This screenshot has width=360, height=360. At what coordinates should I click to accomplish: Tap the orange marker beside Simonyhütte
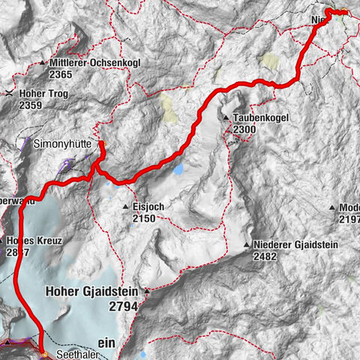[x=103, y=144]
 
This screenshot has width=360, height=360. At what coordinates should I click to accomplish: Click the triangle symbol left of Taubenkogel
[x=226, y=118]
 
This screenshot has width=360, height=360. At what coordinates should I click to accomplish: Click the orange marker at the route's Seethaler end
[x=44, y=354]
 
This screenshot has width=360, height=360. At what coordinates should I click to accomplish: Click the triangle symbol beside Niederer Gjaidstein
[x=247, y=245]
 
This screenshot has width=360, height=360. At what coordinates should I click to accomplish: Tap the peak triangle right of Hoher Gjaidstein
[x=147, y=289]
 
